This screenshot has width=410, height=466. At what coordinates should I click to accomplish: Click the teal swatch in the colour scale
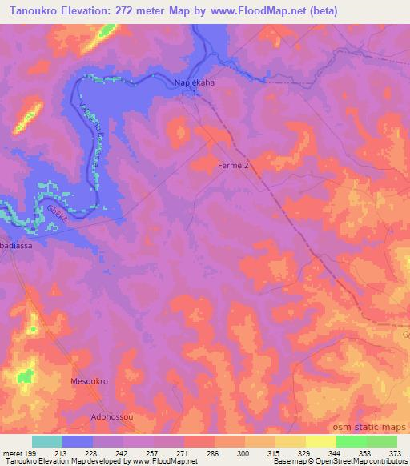[47, 441]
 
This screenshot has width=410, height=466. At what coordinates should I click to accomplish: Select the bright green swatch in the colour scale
[352, 441]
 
